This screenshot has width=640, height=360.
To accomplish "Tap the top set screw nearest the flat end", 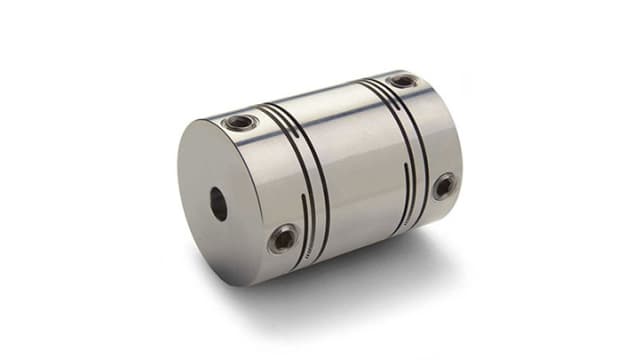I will pos(241,123).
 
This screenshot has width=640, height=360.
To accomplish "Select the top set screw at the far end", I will pos(403,81).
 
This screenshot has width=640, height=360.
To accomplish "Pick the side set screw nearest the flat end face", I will pos(282,238).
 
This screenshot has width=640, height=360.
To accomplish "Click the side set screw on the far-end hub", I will pos(443,186).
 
